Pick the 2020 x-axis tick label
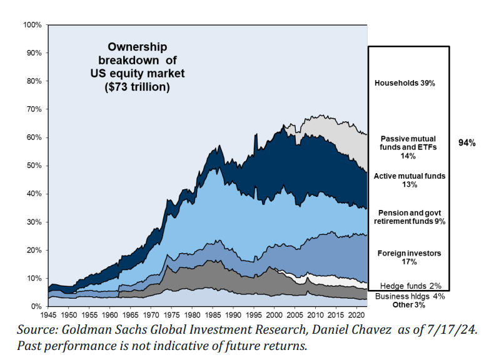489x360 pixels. (x=353, y=316)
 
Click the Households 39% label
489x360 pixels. (x=405, y=82)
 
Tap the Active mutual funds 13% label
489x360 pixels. (x=410, y=180)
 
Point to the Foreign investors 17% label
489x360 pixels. (x=410, y=257)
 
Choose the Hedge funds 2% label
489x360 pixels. (x=410, y=286)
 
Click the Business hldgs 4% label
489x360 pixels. (x=410, y=296)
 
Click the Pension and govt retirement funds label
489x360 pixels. (x=410, y=217)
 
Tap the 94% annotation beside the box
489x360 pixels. (x=467, y=143)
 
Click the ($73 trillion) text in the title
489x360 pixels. (x=137, y=87)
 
